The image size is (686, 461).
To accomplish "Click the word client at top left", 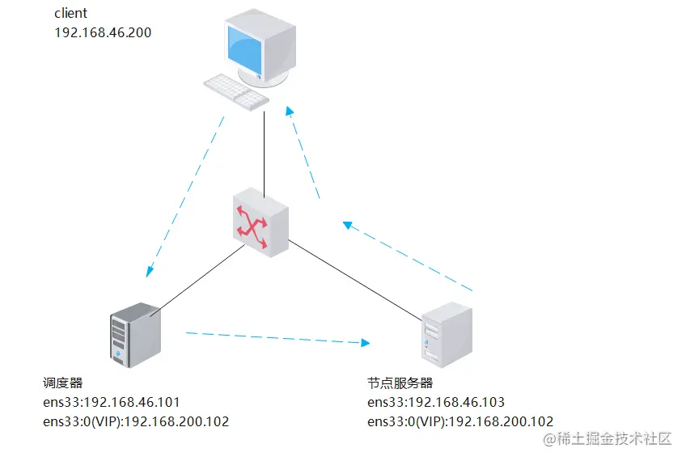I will (70, 14).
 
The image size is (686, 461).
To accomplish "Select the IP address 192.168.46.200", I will (103, 32).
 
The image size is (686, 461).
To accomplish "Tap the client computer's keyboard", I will (235, 91).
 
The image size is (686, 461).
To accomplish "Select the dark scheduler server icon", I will (135, 335).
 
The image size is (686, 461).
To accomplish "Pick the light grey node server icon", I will (446, 335).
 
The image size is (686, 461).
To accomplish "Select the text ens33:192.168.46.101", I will (112, 402).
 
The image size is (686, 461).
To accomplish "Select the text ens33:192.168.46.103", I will (435, 402).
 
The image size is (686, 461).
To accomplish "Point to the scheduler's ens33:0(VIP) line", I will (136, 421).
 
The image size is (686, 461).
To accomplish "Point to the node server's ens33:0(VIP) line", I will (459, 421).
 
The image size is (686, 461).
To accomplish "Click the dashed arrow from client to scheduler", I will (185, 194).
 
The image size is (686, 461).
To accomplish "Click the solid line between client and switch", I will (265, 150).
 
